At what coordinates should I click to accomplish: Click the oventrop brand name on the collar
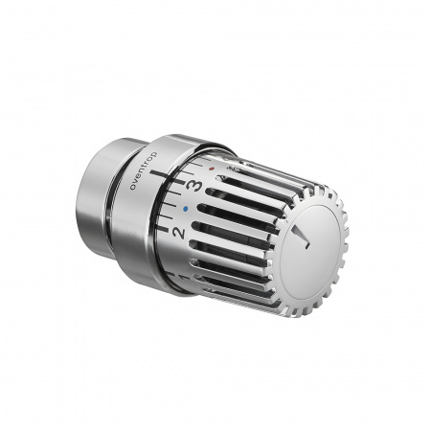[x=144, y=171]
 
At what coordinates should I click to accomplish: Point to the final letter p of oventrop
[x=154, y=154]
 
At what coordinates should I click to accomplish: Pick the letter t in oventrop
[x=147, y=166]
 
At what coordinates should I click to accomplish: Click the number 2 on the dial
[x=179, y=233]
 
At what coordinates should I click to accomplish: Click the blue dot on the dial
[x=186, y=209]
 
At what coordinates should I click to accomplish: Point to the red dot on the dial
[x=211, y=169]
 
